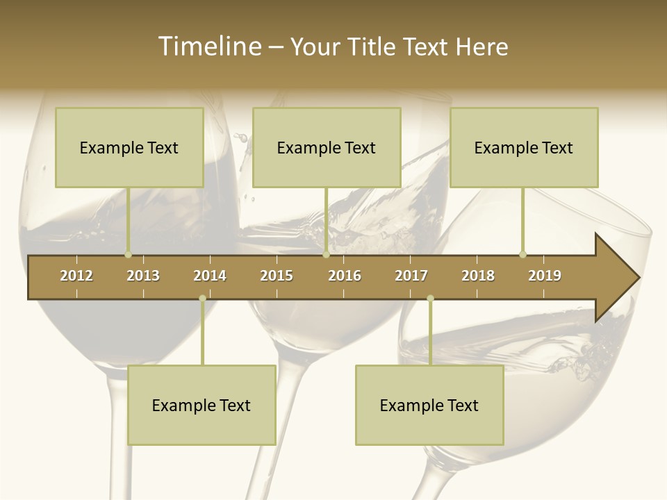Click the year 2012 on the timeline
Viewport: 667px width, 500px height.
[x=76, y=276]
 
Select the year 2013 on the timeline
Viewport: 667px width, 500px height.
[x=143, y=276]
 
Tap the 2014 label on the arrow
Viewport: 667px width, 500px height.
[x=210, y=276]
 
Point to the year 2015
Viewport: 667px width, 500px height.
[x=277, y=276]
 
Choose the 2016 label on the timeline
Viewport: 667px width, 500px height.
[x=345, y=276]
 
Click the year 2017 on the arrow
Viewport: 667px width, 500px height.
[x=411, y=276]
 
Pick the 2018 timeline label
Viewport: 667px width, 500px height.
[x=478, y=276]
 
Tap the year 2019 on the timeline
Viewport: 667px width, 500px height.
[x=545, y=276]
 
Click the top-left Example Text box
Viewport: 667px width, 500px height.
[x=129, y=147]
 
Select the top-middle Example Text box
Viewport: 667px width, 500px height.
[x=327, y=147]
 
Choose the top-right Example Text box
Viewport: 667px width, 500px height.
[x=524, y=147]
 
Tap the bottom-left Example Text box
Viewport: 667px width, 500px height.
[x=201, y=405]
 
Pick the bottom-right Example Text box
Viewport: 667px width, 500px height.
[x=429, y=405]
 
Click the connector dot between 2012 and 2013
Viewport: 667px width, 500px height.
[x=128, y=255]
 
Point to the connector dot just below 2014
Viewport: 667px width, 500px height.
[x=202, y=298]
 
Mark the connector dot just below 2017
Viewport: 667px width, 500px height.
[x=430, y=298]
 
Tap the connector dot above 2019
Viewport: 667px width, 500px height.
[x=522, y=254]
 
